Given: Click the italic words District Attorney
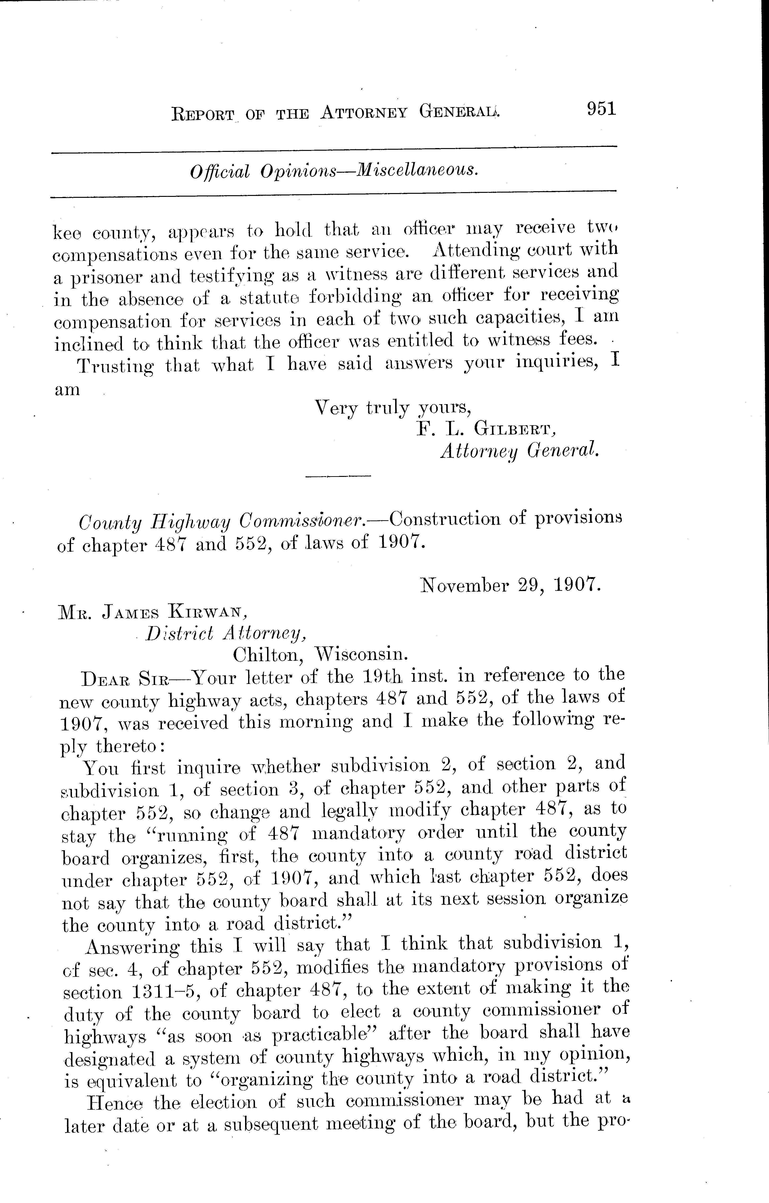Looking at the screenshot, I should [x=225, y=633].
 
